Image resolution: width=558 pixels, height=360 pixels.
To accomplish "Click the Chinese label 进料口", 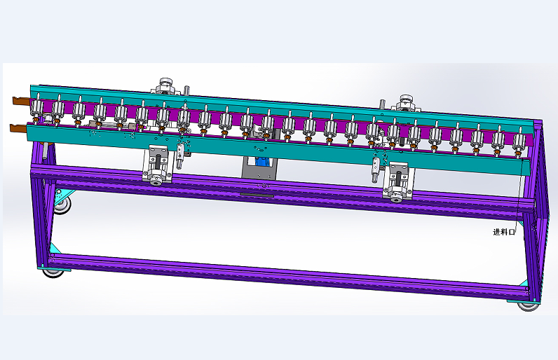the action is (504, 232).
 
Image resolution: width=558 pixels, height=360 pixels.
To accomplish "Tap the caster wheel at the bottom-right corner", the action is (528, 306).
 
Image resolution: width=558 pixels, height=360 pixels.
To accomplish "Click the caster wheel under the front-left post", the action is (54, 273).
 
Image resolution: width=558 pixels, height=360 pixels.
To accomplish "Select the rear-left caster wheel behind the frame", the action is (62, 206).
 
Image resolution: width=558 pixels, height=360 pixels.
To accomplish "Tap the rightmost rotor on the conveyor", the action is (519, 143).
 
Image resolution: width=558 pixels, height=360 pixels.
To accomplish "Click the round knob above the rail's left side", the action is (165, 85).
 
